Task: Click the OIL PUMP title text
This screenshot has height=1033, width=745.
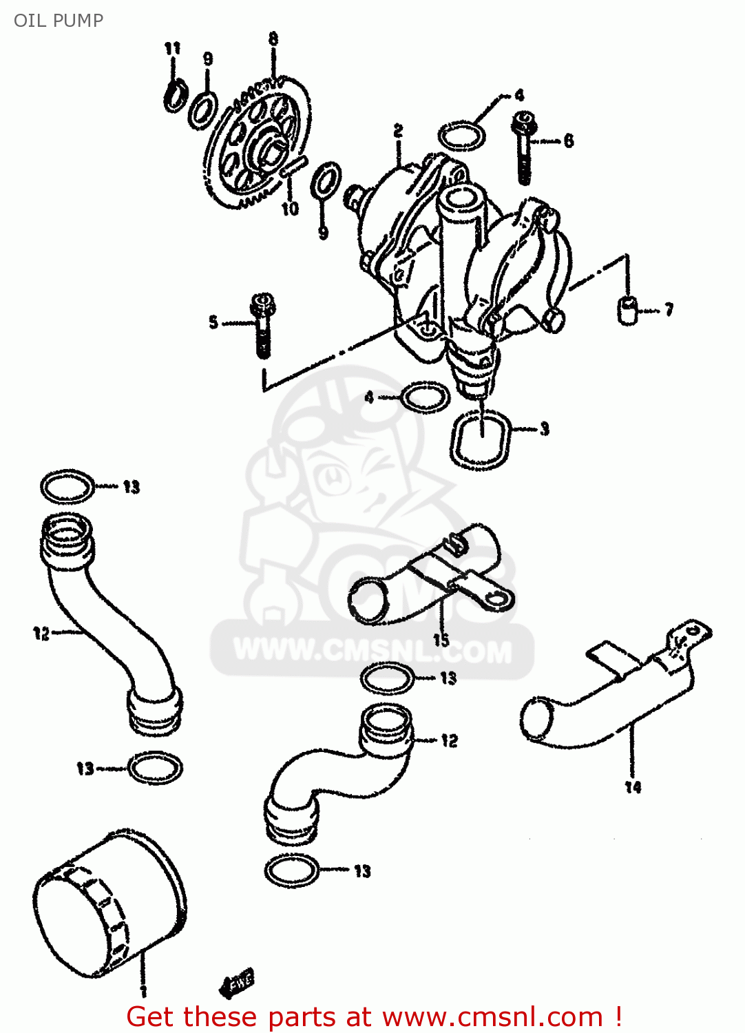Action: point(59,20)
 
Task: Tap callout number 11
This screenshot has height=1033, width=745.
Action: point(172,48)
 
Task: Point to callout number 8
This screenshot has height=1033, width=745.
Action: point(273,39)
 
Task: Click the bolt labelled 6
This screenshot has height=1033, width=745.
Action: point(524,148)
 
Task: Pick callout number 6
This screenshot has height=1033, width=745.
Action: point(569,141)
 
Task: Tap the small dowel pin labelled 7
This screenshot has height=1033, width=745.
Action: point(627,309)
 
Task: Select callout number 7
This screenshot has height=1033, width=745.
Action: point(668,310)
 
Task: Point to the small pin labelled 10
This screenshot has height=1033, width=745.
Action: point(293,167)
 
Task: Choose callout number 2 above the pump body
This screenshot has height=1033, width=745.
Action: point(398,130)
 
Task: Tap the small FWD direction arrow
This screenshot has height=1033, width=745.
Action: point(237,981)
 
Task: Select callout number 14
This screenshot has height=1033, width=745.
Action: point(633,786)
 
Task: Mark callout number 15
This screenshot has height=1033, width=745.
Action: point(441,640)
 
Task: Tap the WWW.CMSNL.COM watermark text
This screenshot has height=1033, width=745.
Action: point(373,650)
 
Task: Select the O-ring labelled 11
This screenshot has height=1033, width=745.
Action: point(174,94)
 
